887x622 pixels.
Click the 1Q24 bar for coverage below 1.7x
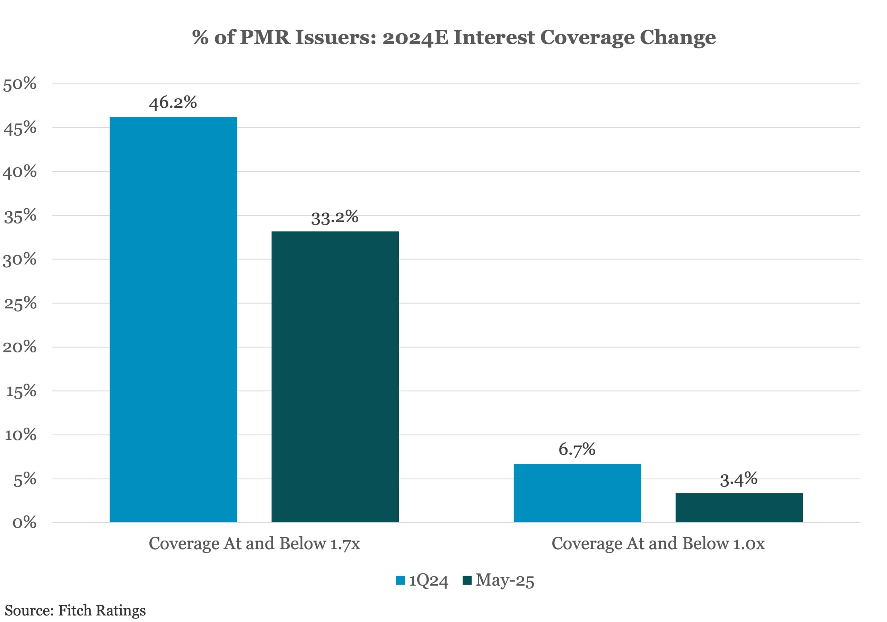(173, 319)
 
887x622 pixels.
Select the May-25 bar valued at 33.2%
(335, 377)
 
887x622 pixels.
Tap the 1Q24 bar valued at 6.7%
(577, 493)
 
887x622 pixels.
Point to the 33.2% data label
(335, 217)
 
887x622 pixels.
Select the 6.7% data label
(577, 449)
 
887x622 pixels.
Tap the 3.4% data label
(739, 479)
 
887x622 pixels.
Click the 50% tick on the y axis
(20, 84)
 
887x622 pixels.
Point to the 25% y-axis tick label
(20, 303)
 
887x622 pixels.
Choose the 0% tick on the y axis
(24, 523)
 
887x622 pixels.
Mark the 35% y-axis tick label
(20, 216)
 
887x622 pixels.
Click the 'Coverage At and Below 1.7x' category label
(254, 544)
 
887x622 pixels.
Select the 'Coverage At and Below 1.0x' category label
(658, 544)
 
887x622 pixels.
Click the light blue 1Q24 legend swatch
(400, 580)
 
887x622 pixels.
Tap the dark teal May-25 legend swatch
(467, 580)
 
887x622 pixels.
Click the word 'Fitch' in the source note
(75, 611)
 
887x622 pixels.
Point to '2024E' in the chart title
(415, 37)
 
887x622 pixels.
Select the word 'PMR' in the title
(265, 37)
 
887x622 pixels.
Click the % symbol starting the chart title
(201, 37)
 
